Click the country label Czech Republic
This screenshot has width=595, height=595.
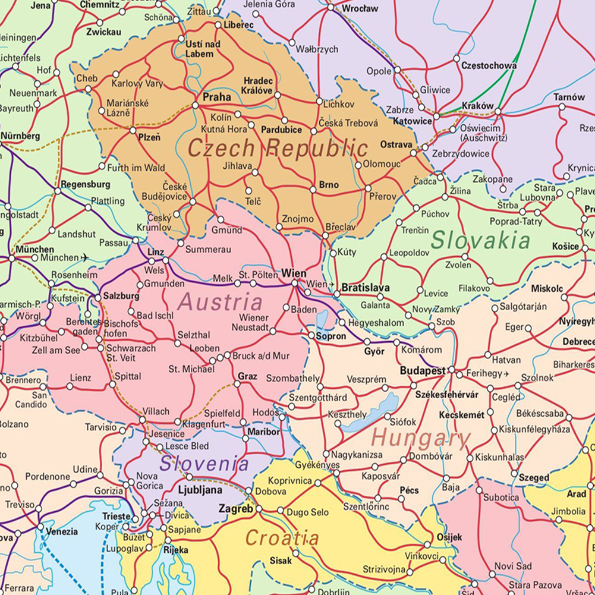pos(278,147)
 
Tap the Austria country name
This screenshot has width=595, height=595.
pos(220,302)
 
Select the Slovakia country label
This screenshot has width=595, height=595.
pos(480,241)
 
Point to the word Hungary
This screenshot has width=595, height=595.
pos(421,439)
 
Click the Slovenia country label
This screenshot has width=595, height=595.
pos(203,463)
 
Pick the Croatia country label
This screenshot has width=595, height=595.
pos(282,539)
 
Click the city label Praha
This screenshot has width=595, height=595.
pos(216,97)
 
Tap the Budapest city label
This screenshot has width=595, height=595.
pos(422,370)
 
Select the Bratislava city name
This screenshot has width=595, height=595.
pos(366,288)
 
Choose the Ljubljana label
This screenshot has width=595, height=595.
pos(200,490)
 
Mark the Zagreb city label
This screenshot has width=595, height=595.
pos(236,509)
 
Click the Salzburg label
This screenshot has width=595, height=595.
pos(121,295)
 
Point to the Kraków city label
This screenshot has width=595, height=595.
pos(477,105)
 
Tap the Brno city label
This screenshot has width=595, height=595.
pos(329,185)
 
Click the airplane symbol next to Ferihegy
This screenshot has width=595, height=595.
pos(506,374)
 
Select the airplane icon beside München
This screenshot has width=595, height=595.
pos(84,257)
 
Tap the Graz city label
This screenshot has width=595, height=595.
pos(247,376)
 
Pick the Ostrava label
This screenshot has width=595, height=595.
pos(396,144)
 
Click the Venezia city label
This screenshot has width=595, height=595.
pos(62,531)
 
